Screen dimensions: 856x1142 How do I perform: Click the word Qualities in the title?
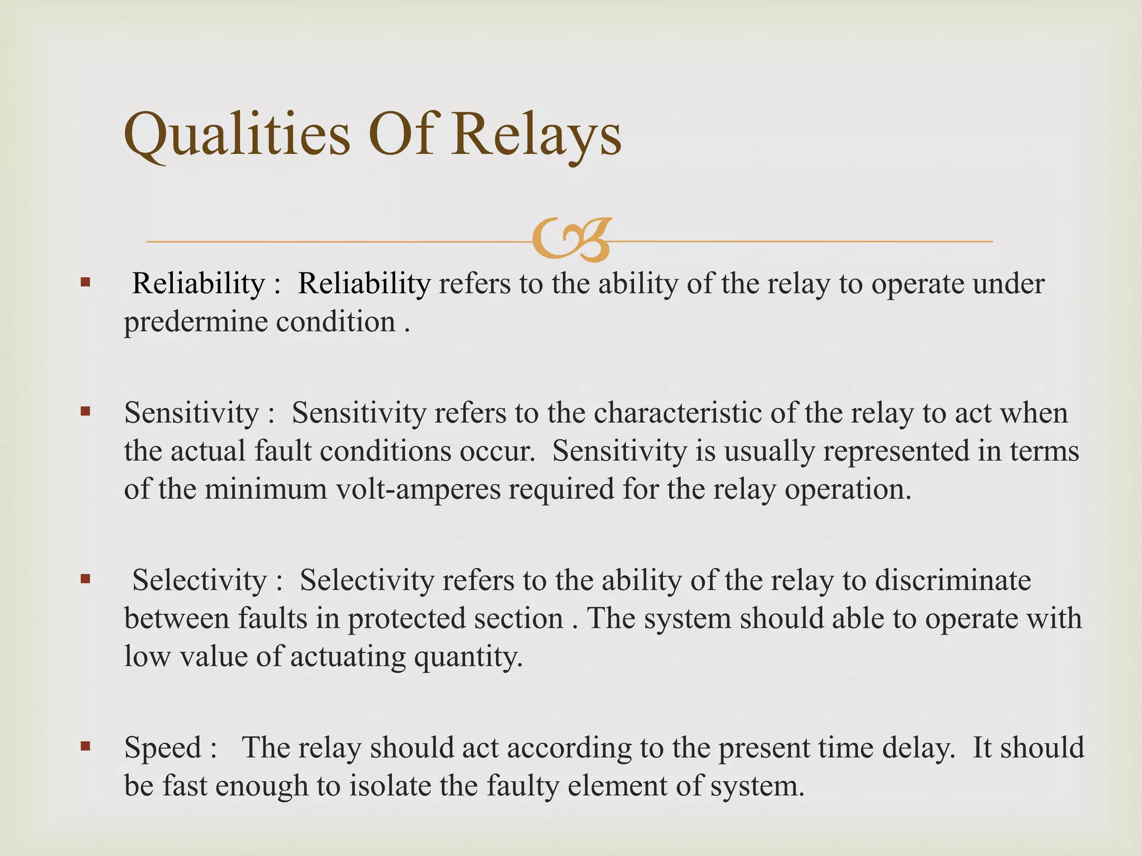(237, 135)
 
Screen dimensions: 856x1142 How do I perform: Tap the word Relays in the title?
(536, 135)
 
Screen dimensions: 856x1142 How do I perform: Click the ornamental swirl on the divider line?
(572, 241)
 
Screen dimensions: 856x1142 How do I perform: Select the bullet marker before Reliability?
(85, 282)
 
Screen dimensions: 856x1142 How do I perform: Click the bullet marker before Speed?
(85, 746)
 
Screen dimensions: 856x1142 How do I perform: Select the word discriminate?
(952, 581)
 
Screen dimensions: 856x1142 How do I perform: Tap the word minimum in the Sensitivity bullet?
(265, 489)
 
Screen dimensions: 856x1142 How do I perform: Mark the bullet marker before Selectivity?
(85, 579)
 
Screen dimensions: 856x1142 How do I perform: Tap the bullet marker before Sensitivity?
(85, 412)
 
